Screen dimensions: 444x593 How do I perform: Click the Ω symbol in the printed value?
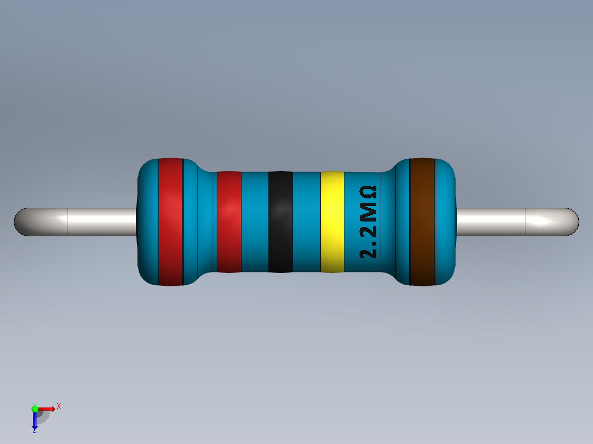pos(369,193)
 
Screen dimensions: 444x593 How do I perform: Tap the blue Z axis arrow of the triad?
pos(35,420)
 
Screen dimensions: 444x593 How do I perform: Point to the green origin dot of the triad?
pos(35,408)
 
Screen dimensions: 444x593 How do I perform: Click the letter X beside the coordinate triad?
pos(59,407)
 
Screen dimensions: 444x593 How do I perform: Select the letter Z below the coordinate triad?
pos(35,431)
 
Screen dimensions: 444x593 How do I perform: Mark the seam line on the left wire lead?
pos(68,222)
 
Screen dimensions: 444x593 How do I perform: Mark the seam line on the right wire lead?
pos(525,222)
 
